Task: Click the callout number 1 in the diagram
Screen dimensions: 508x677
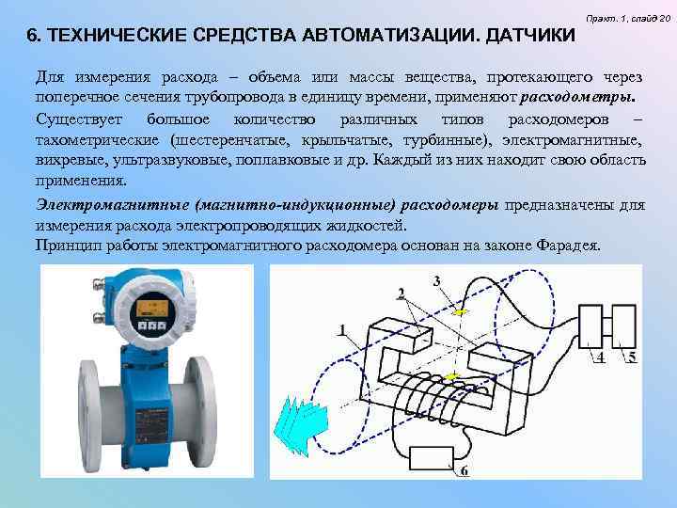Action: (343, 329)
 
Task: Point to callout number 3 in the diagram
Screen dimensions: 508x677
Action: (436, 280)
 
